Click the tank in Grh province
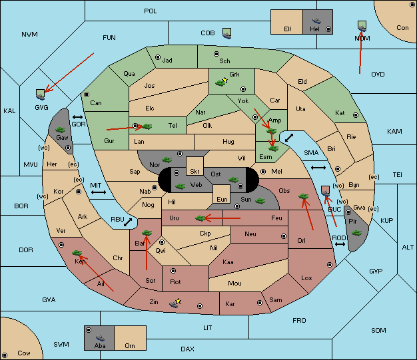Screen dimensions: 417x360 click(220, 83)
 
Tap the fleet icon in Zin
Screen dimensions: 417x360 click(174, 303)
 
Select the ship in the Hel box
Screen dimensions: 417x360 click(316, 21)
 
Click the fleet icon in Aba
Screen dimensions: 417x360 click(100, 338)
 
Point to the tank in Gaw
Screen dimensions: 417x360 click(60, 130)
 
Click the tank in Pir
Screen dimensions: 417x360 click(356, 233)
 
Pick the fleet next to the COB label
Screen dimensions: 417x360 click(227, 33)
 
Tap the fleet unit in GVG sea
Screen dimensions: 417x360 click(40, 94)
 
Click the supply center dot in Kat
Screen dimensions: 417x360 click(356, 115)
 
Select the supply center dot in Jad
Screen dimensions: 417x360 click(158, 57)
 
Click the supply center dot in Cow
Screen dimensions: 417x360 click(5, 355)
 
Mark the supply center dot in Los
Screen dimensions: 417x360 click(330, 265)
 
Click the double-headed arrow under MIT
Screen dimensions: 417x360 click(99, 192)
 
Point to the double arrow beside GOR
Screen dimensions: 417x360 click(78, 117)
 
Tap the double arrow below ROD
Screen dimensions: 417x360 click(340, 244)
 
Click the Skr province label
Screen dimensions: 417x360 click(195, 172)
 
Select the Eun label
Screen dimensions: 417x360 click(222, 199)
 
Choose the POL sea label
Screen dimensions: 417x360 click(151, 11)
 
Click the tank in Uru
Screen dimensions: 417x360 click(201, 218)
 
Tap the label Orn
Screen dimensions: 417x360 click(130, 345)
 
